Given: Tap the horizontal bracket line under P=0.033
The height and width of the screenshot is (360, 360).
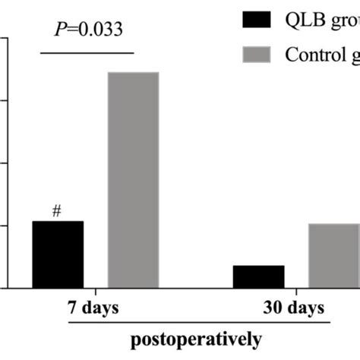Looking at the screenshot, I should point(87,52).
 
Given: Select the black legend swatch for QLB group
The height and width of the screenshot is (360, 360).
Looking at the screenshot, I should point(257,19).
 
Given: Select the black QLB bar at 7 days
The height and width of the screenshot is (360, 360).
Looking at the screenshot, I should point(58,254).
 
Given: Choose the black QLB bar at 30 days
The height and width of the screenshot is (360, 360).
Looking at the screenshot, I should point(258,276).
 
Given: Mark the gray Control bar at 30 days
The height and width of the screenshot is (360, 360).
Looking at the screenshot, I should point(334,256).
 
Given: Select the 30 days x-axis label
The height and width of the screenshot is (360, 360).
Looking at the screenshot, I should point(295,308).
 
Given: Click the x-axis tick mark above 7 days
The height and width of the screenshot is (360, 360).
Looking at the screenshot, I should point(96,292).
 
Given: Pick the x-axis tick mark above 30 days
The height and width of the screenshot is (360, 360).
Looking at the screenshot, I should point(296,292).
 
